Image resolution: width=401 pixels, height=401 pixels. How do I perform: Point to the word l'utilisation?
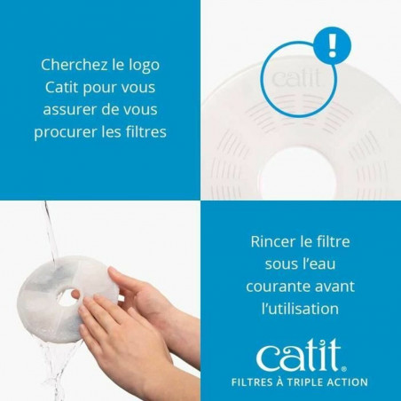(302, 309)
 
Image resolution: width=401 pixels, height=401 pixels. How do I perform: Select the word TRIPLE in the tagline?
(313, 382)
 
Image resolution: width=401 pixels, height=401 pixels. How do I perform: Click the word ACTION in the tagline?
(351, 382)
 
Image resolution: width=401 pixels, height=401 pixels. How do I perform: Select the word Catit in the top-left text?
(66, 87)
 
